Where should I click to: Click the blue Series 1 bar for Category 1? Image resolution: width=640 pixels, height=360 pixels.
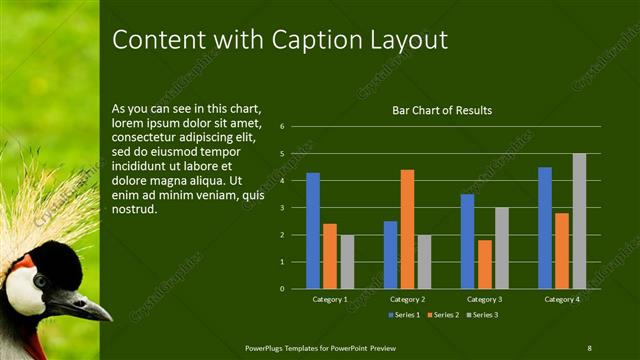(313, 230)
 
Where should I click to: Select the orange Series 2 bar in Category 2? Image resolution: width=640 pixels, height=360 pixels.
(407, 229)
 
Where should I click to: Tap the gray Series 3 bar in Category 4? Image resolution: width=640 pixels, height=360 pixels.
(579, 221)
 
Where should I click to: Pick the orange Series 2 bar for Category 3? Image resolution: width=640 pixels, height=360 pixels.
(484, 264)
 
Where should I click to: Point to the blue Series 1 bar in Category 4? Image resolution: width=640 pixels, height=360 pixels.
(545, 227)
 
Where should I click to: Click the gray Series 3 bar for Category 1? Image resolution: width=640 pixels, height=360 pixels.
(347, 261)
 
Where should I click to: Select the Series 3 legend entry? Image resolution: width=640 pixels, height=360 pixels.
(482, 315)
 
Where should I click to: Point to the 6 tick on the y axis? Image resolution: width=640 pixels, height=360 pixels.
(283, 127)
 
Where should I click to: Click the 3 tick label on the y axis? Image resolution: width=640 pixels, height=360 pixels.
(283, 208)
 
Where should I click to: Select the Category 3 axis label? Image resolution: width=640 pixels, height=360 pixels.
(485, 299)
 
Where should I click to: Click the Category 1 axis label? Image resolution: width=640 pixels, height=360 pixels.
(330, 299)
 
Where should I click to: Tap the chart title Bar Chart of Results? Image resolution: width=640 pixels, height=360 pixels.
(441, 110)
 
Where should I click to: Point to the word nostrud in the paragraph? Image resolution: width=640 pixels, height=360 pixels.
(135, 211)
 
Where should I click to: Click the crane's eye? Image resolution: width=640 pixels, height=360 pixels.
(40, 281)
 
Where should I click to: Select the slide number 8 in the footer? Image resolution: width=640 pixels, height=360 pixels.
(589, 347)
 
